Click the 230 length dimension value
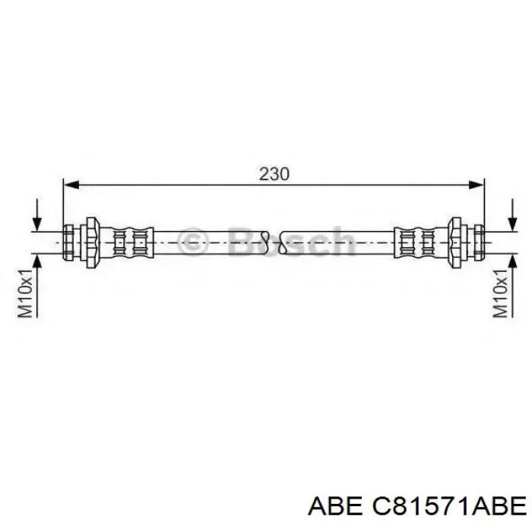click(x=274, y=174)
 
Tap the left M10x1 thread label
click(x=25, y=289)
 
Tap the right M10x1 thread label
click(x=500, y=289)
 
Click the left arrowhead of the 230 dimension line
click(x=71, y=185)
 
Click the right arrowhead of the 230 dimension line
click(x=477, y=185)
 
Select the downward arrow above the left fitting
click(x=37, y=215)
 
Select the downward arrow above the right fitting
click(x=513, y=215)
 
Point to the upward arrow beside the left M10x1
click(x=37, y=286)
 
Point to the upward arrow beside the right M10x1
click(x=513, y=286)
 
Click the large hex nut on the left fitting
click(x=92, y=242)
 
